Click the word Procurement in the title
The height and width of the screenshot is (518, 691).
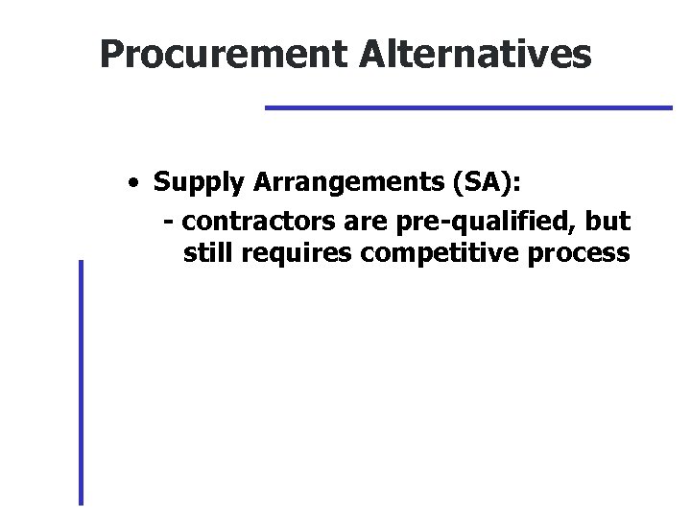[x=225, y=55]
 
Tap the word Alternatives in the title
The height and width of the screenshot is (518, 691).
[x=476, y=55]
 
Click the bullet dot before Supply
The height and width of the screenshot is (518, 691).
[x=140, y=181]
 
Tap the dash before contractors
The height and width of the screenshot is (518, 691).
[x=169, y=223]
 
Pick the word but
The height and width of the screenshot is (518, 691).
[x=609, y=223]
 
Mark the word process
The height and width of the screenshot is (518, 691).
[x=580, y=254]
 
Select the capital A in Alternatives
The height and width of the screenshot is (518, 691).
[x=374, y=55]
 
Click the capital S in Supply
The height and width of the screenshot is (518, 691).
[x=161, y=182]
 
